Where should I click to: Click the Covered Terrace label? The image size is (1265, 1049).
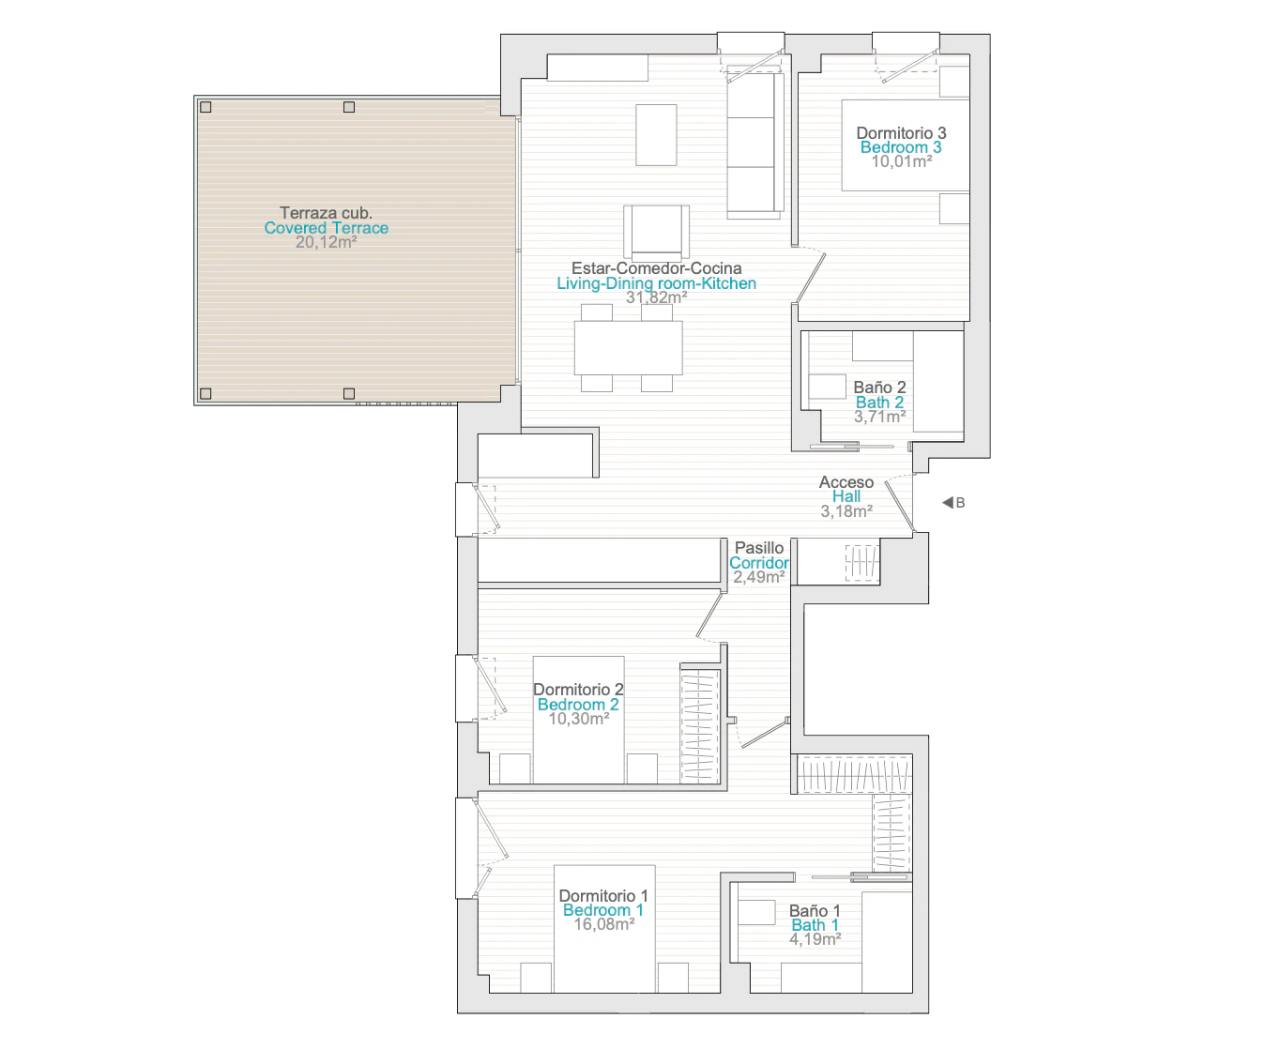tap(326, 228)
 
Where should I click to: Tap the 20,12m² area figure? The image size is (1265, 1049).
tap(326, 242)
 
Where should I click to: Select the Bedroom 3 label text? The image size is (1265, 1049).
tap(901, 147)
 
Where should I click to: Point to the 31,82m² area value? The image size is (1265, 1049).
tap(656, 297)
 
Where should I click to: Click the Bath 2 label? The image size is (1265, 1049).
tap(879, 403)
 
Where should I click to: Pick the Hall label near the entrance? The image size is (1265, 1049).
tap(846, 496)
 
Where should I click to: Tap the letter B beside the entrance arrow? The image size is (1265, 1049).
tap(960, 503)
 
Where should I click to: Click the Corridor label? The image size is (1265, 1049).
tap(759, 563)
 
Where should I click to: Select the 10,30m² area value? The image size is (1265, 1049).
tap(579, 719)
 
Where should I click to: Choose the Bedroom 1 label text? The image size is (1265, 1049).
tap(603, 910)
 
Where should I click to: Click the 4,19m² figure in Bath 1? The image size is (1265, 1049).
tap(815, 939)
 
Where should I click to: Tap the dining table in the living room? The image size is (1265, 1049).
tap(628, 348)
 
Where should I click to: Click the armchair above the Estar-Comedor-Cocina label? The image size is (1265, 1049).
tap(656, 232)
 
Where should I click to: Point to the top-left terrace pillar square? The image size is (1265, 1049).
tap(206, 107)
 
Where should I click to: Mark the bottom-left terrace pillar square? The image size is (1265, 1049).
tap(206, 394)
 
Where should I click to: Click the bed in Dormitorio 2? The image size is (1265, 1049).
tap(579, 720)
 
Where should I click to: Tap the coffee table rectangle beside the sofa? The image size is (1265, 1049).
tap(656, 134)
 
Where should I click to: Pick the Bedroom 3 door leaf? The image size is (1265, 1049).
tap(811, 278)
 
